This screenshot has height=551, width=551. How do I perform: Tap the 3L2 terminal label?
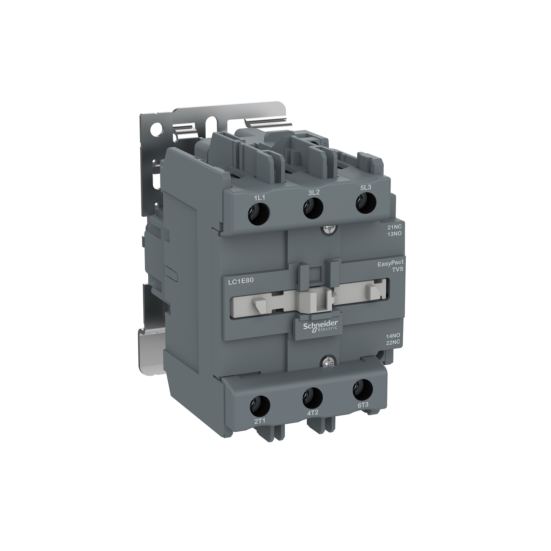coord(313,192)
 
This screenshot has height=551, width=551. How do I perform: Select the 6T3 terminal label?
coord(363,405)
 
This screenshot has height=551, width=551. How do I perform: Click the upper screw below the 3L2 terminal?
coord(328,230)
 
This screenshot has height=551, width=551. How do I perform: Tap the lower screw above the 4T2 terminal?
coord(327,359)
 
